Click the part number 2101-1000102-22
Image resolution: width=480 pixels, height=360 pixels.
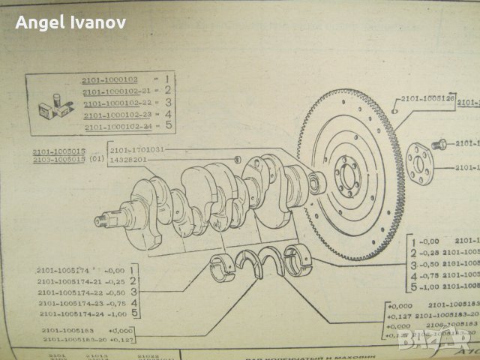click(116, 103)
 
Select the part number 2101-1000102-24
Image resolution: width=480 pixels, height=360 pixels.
click(117, 127)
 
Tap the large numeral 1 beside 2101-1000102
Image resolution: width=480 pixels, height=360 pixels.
click(169, 78)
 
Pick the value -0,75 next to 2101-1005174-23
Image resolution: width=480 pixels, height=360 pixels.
click(112, 302)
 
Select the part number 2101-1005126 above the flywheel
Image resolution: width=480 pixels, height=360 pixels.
click(427, 97)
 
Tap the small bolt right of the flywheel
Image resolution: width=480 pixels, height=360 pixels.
click(440, 143)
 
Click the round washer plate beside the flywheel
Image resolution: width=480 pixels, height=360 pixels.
click(420, 163)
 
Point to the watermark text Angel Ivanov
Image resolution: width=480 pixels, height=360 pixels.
click(70, 22)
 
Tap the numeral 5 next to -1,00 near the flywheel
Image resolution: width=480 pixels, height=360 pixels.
click(412, 286)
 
